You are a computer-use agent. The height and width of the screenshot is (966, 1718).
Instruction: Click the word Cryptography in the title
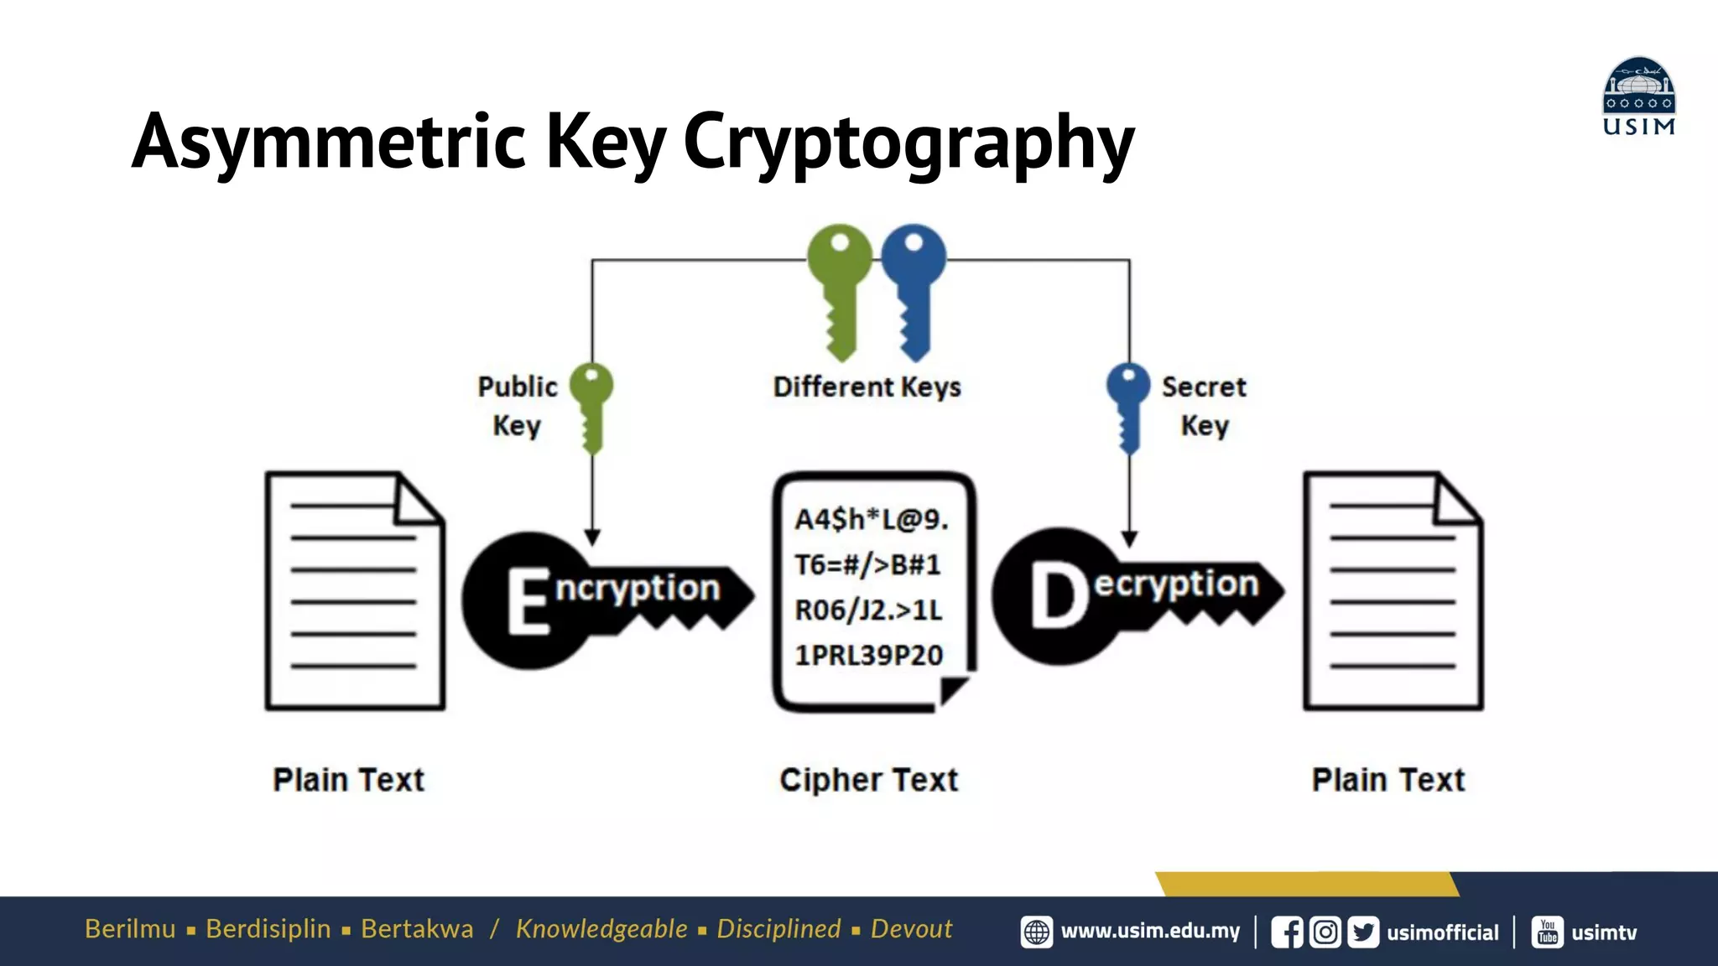click(x=908, y=144)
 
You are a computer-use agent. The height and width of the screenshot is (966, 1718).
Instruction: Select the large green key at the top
click(x=840, y=285)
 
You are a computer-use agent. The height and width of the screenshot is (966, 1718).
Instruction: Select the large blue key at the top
click(x=914, y=285)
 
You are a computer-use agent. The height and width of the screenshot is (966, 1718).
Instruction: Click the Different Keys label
click(x=867, y=387)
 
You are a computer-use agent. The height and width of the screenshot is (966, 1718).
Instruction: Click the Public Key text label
click(x=517, y=406)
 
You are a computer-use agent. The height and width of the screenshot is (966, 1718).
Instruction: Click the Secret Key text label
click(x=1204, y=406)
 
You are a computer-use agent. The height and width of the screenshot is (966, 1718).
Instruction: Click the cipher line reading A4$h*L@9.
click(x=871, y=520)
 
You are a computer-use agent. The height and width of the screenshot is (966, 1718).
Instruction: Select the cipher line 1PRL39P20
click(x=869, y=655)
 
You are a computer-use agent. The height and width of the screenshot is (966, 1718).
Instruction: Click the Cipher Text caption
click(x=868, y=780)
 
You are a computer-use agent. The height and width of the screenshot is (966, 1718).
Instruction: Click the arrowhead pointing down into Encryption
click(x=592, y=538)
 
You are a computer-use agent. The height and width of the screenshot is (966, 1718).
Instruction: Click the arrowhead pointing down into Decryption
click(x=1129, y=538)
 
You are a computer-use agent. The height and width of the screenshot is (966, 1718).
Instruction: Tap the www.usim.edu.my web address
click(x=1149, y=932)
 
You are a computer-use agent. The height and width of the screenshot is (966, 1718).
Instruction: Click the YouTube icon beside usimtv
click(x=1547, y=932)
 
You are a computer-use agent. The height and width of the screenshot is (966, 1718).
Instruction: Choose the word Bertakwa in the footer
click(x=417, y=929)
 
